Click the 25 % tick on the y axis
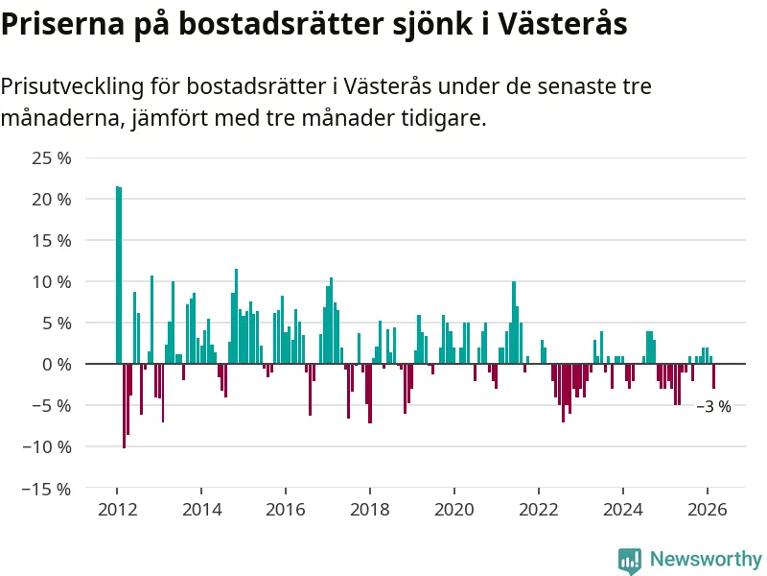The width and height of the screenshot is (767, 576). click(51, 157)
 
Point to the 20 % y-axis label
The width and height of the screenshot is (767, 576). click(51, 199)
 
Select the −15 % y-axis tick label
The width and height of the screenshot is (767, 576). click(47, 488)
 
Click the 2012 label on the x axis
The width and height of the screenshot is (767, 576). click(116, 510)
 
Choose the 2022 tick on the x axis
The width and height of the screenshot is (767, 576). click(538, 510)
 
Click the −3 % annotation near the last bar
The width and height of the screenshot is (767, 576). click(713, 406)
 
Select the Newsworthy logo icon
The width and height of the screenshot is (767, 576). click(630, 560)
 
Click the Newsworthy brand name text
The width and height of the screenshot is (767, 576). click(706, 559)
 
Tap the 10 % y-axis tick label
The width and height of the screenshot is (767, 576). click(51, 281)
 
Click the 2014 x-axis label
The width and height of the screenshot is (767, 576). click(200, 510)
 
